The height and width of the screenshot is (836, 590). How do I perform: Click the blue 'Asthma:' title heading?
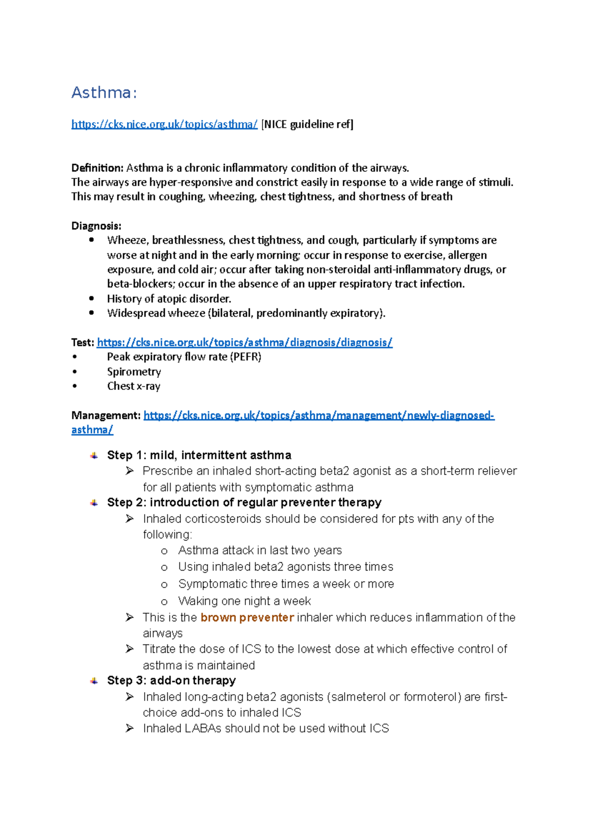point(104,93)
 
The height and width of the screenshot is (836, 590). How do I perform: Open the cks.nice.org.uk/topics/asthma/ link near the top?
point(164,125)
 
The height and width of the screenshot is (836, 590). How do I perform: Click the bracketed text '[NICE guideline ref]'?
point(307,125)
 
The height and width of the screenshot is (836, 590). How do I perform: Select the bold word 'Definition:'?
point(97,168)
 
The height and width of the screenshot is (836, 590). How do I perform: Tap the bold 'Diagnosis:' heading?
point(96,226)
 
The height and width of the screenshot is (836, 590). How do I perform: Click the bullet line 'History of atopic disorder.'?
point(169,299)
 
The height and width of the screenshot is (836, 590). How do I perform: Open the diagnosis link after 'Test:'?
point(244,343)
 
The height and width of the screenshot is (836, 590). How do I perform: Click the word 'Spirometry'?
point(134,372)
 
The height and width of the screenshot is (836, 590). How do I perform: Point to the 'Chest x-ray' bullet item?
point(134,386)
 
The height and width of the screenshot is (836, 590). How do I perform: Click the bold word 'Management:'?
point(106,416)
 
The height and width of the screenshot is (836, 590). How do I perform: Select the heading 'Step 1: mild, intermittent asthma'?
point(199,455)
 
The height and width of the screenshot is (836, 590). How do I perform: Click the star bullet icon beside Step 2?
point(94,503)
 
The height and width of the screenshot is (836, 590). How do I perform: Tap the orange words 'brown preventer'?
point(247,617)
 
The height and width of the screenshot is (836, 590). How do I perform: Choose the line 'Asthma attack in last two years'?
point(260,550)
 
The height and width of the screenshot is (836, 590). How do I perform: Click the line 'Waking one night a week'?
point(244,601)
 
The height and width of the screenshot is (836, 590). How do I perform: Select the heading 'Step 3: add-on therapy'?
point(171,680)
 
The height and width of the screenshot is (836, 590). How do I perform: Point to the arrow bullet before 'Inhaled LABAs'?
point(129,728)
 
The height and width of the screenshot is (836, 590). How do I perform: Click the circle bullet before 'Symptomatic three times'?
point(164,585)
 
